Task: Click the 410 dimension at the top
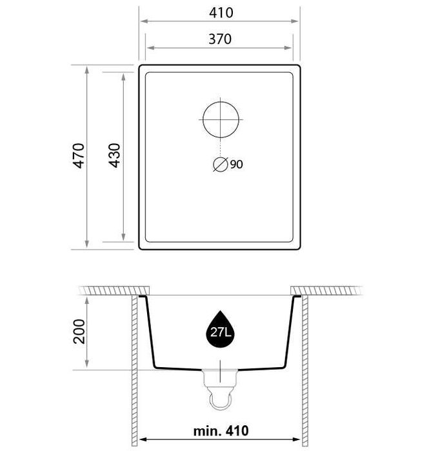(221, 13)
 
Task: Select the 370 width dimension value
(220, 39)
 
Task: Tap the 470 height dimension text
(79, 155)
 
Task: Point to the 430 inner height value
(114, 155)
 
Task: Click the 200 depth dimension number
(79, 332)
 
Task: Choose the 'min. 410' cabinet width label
(221, 430)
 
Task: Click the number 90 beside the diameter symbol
(236, 165)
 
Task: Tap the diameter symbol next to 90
(221, 165)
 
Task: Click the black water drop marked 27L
(220, 329)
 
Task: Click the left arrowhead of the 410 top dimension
(143, 21)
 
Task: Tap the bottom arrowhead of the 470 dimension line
(87, 245)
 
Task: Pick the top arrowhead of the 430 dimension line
(123, 77)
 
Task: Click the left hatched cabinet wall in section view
(135, 371)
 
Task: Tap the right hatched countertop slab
(326, 291)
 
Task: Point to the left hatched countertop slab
(114, 291)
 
